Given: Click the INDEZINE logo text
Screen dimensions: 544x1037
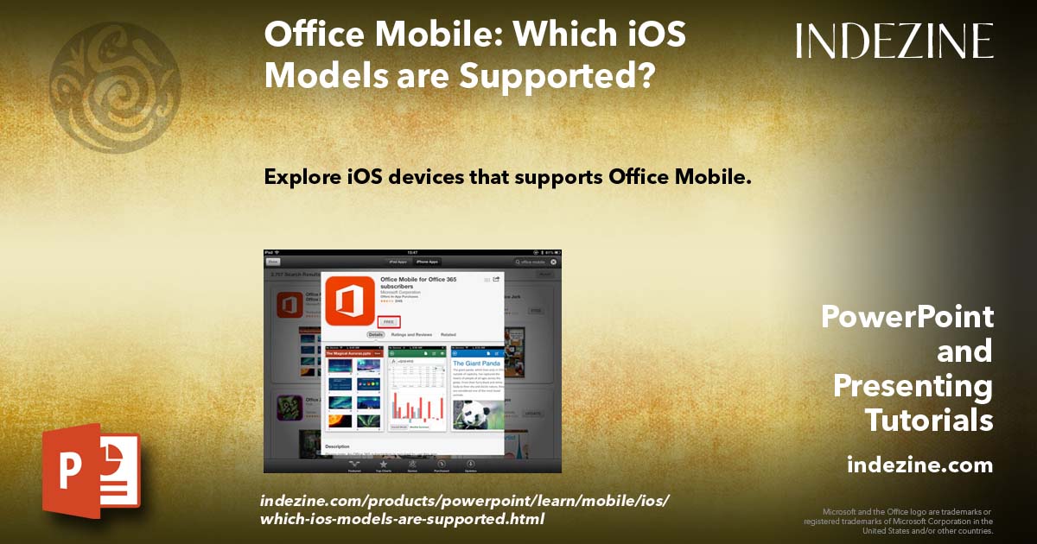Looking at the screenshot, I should tap(894, 41).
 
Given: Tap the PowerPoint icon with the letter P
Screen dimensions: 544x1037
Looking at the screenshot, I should tap(92, 471).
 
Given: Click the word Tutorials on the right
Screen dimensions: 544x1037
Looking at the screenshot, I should tap(928, 421).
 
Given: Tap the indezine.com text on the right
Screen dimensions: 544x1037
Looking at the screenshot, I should tap(919, 465).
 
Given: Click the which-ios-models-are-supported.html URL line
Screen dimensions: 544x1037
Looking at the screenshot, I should tap(402, 519).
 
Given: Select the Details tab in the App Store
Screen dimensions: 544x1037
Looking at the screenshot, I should tap(376, 334).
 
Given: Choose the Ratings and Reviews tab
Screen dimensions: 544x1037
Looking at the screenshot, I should tap(411, 334).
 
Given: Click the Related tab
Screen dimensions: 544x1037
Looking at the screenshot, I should tap(449, 334).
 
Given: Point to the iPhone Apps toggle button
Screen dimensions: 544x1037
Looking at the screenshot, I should tap(427, 261).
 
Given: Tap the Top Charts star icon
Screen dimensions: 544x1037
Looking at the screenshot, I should tap(383, 465).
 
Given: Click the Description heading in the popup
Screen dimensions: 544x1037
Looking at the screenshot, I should tap(337, 446).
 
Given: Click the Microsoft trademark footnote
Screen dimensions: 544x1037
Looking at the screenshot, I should tap(898, 521).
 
